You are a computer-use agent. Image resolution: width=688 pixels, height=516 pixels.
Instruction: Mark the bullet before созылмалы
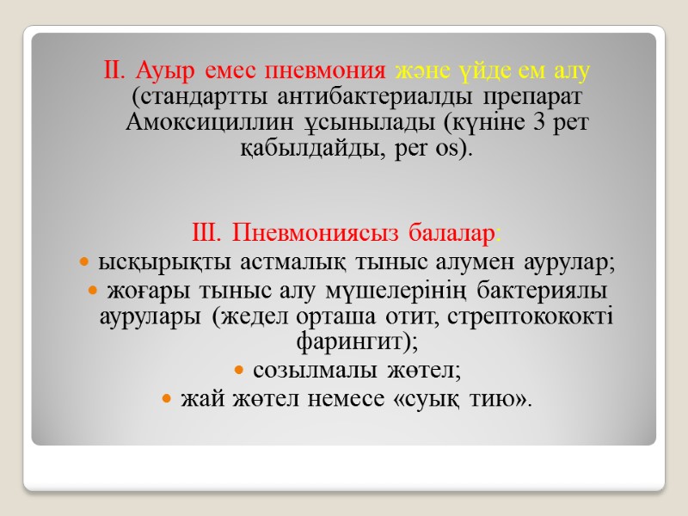[x=239, y=371]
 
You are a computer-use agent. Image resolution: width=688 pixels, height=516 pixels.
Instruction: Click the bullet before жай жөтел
[x=167, y=398]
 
